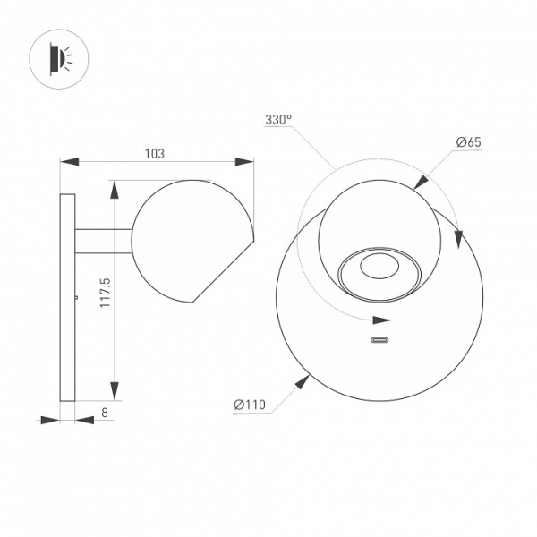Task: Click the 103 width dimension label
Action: [x=154, y=154]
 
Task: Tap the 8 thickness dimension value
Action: [x=105, y=413]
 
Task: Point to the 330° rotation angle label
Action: [x=278, y=119]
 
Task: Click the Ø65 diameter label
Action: [x=468, y=141]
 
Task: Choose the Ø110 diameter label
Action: [x=250, y=405]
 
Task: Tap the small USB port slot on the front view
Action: [x=380, y=340]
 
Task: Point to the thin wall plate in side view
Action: [x=67, y=295]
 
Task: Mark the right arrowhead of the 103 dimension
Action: [x=243, y=162]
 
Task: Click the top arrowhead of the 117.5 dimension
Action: [x=114, y=189]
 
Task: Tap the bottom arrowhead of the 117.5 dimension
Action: [x=114, y=390]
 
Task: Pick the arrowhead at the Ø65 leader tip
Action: [x=421, y=182]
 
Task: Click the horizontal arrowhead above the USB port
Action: [x=382, y=319]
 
